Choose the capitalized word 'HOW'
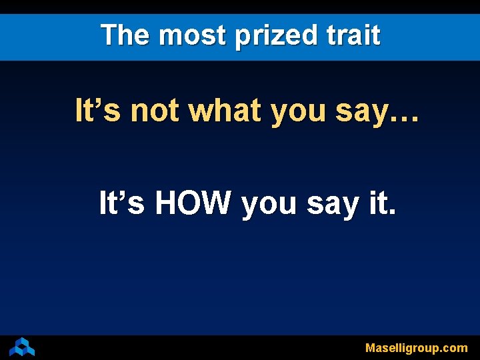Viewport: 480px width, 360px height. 193,203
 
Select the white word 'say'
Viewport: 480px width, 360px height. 331,206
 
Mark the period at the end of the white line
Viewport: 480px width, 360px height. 392,213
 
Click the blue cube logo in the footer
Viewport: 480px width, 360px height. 22,347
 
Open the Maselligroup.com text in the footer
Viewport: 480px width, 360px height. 416,348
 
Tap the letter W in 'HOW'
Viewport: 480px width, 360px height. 217,203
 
